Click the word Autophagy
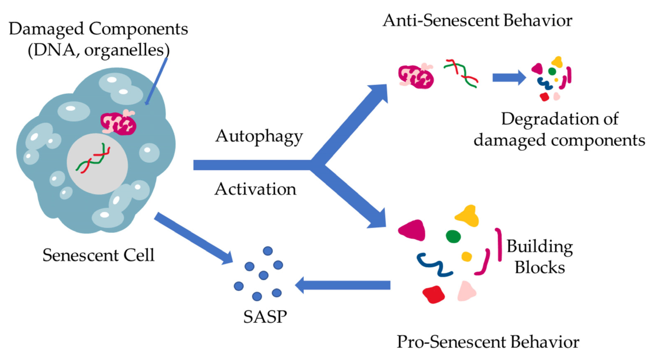pos(259,137)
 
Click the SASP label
pos(265,317)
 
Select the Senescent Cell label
pos(99,255)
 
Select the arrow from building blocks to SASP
pos(343,285)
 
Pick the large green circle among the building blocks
pos(453,236)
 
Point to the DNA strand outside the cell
pos(461,74)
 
